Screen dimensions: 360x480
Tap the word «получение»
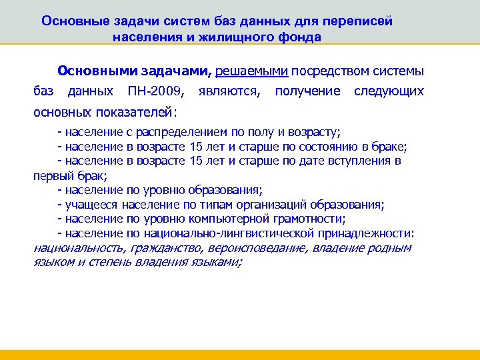point(307,91)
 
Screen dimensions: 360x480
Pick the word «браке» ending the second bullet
point(389,147)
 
